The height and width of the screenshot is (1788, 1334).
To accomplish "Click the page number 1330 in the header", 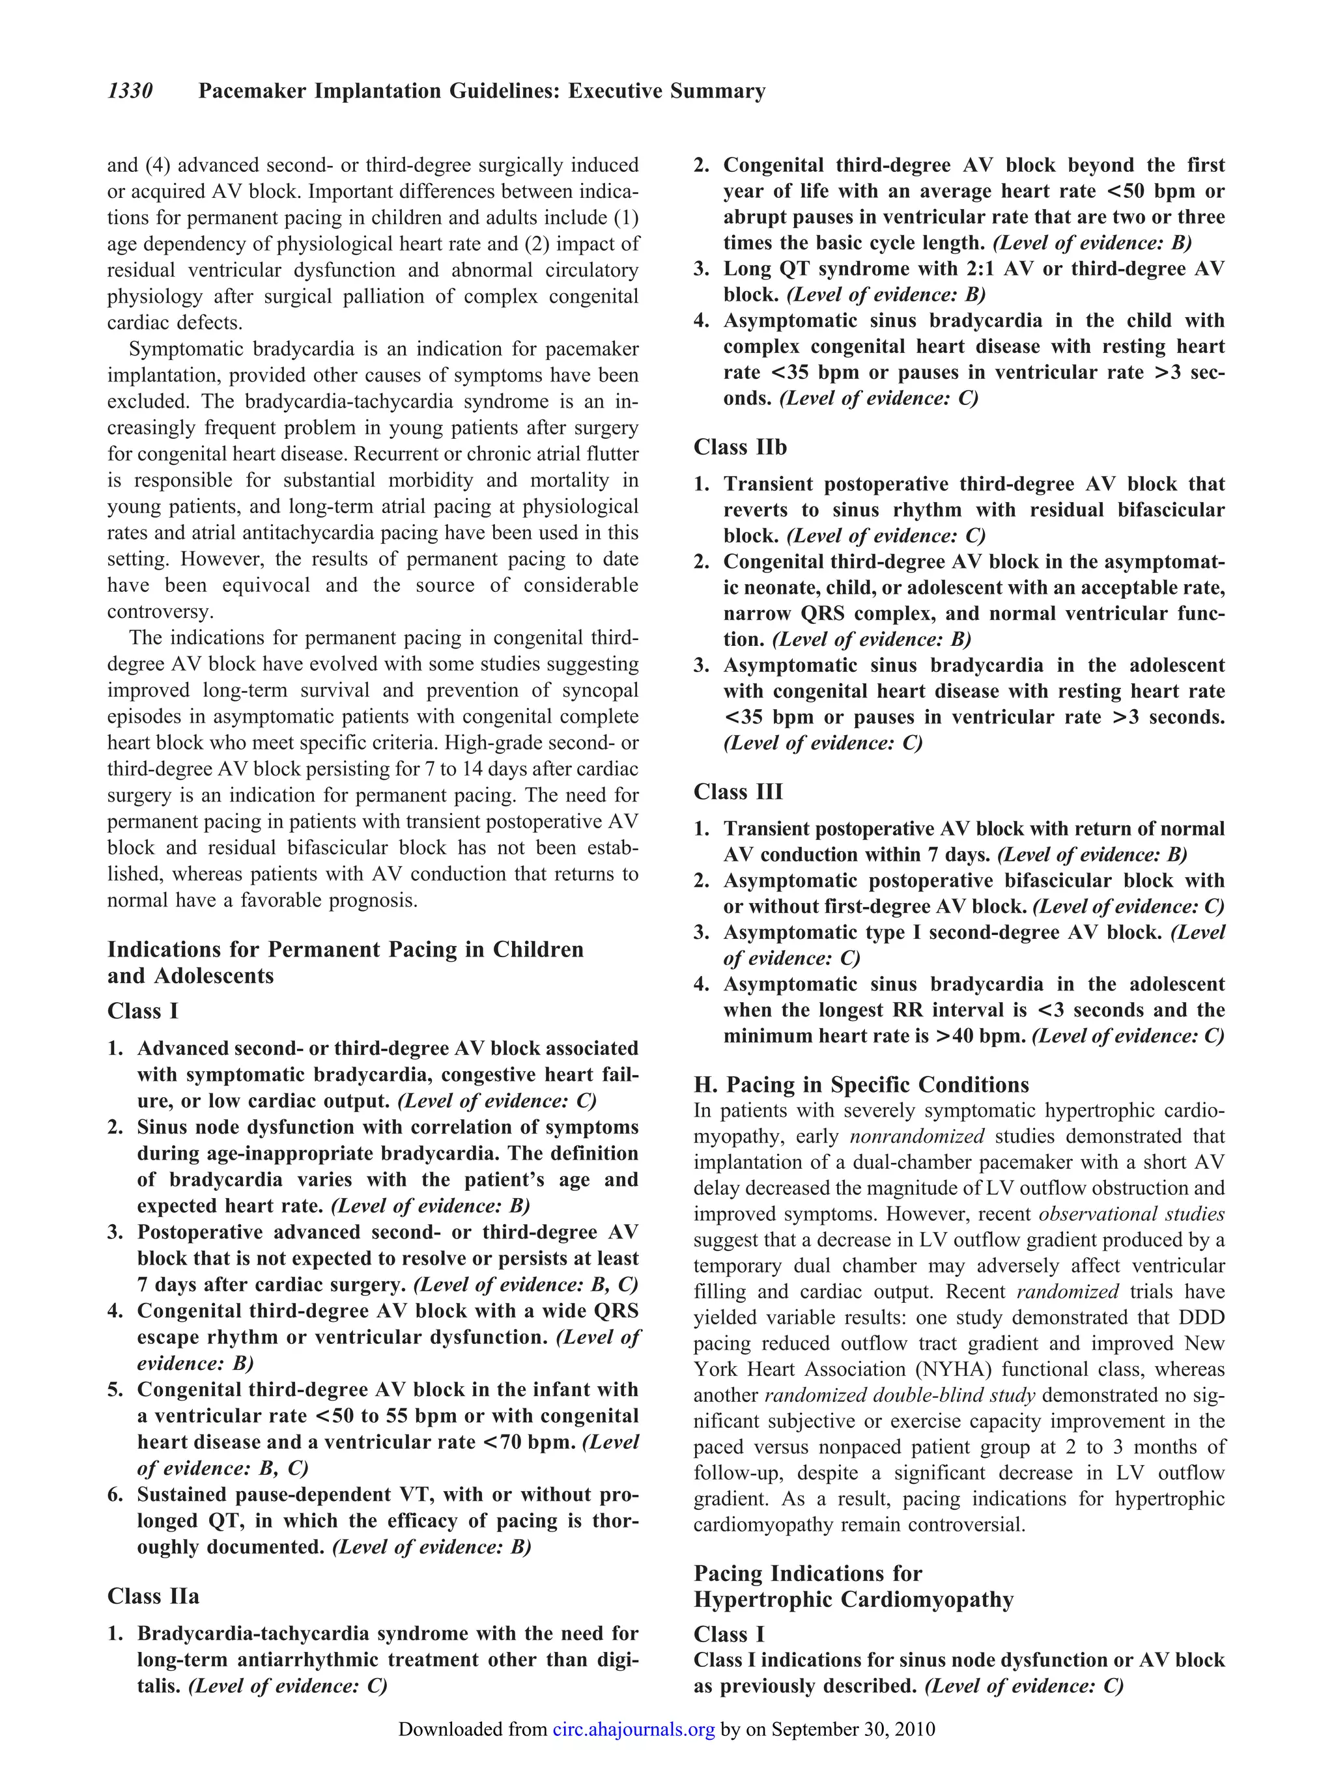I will (x=130, y=91).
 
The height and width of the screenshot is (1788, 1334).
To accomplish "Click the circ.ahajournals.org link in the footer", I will (x=634, y=1729).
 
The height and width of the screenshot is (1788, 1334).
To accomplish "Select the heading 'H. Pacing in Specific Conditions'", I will (x=861, y=1084).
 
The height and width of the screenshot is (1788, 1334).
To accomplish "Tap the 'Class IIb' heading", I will (x=740, y=447).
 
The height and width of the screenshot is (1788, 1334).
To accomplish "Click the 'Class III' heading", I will (x=738, y=792).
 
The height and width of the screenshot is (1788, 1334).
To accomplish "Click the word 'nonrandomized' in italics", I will (x=916, y=1137).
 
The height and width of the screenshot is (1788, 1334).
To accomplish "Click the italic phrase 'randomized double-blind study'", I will (x=900, y=1395).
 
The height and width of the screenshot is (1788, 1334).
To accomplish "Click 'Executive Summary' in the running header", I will (x=666, y=91).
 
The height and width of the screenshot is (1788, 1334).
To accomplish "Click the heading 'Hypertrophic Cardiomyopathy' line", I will (x=853, y=1599).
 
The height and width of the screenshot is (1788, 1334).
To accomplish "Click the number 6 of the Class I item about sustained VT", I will (x=115, y=1494).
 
